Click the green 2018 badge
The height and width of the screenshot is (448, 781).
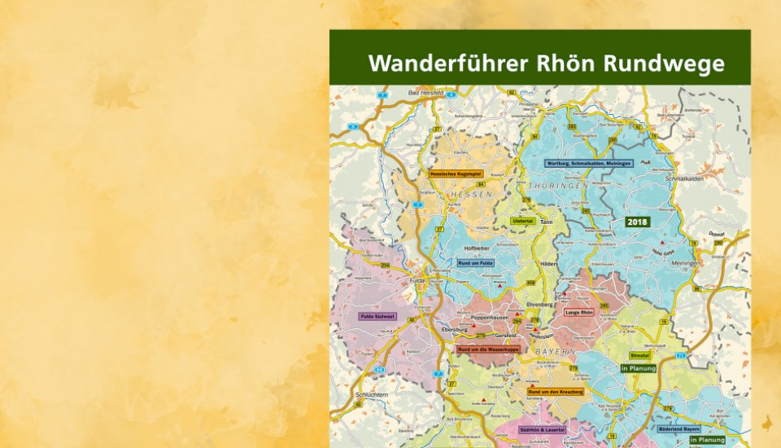click(x=637, y=222)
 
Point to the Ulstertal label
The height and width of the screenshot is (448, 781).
click(x=522, y=221)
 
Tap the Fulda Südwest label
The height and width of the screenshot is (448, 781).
click(x=377, y=316)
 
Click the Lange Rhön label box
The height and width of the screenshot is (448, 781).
click(x=581, y=311)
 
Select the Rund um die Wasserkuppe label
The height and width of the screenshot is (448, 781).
click(x=488, y=349)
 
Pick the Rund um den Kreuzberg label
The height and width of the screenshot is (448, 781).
click(x=556, y=392)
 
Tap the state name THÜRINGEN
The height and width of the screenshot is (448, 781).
click(x=557, y=187)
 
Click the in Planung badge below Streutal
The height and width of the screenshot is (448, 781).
click(x=639, y=368)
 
